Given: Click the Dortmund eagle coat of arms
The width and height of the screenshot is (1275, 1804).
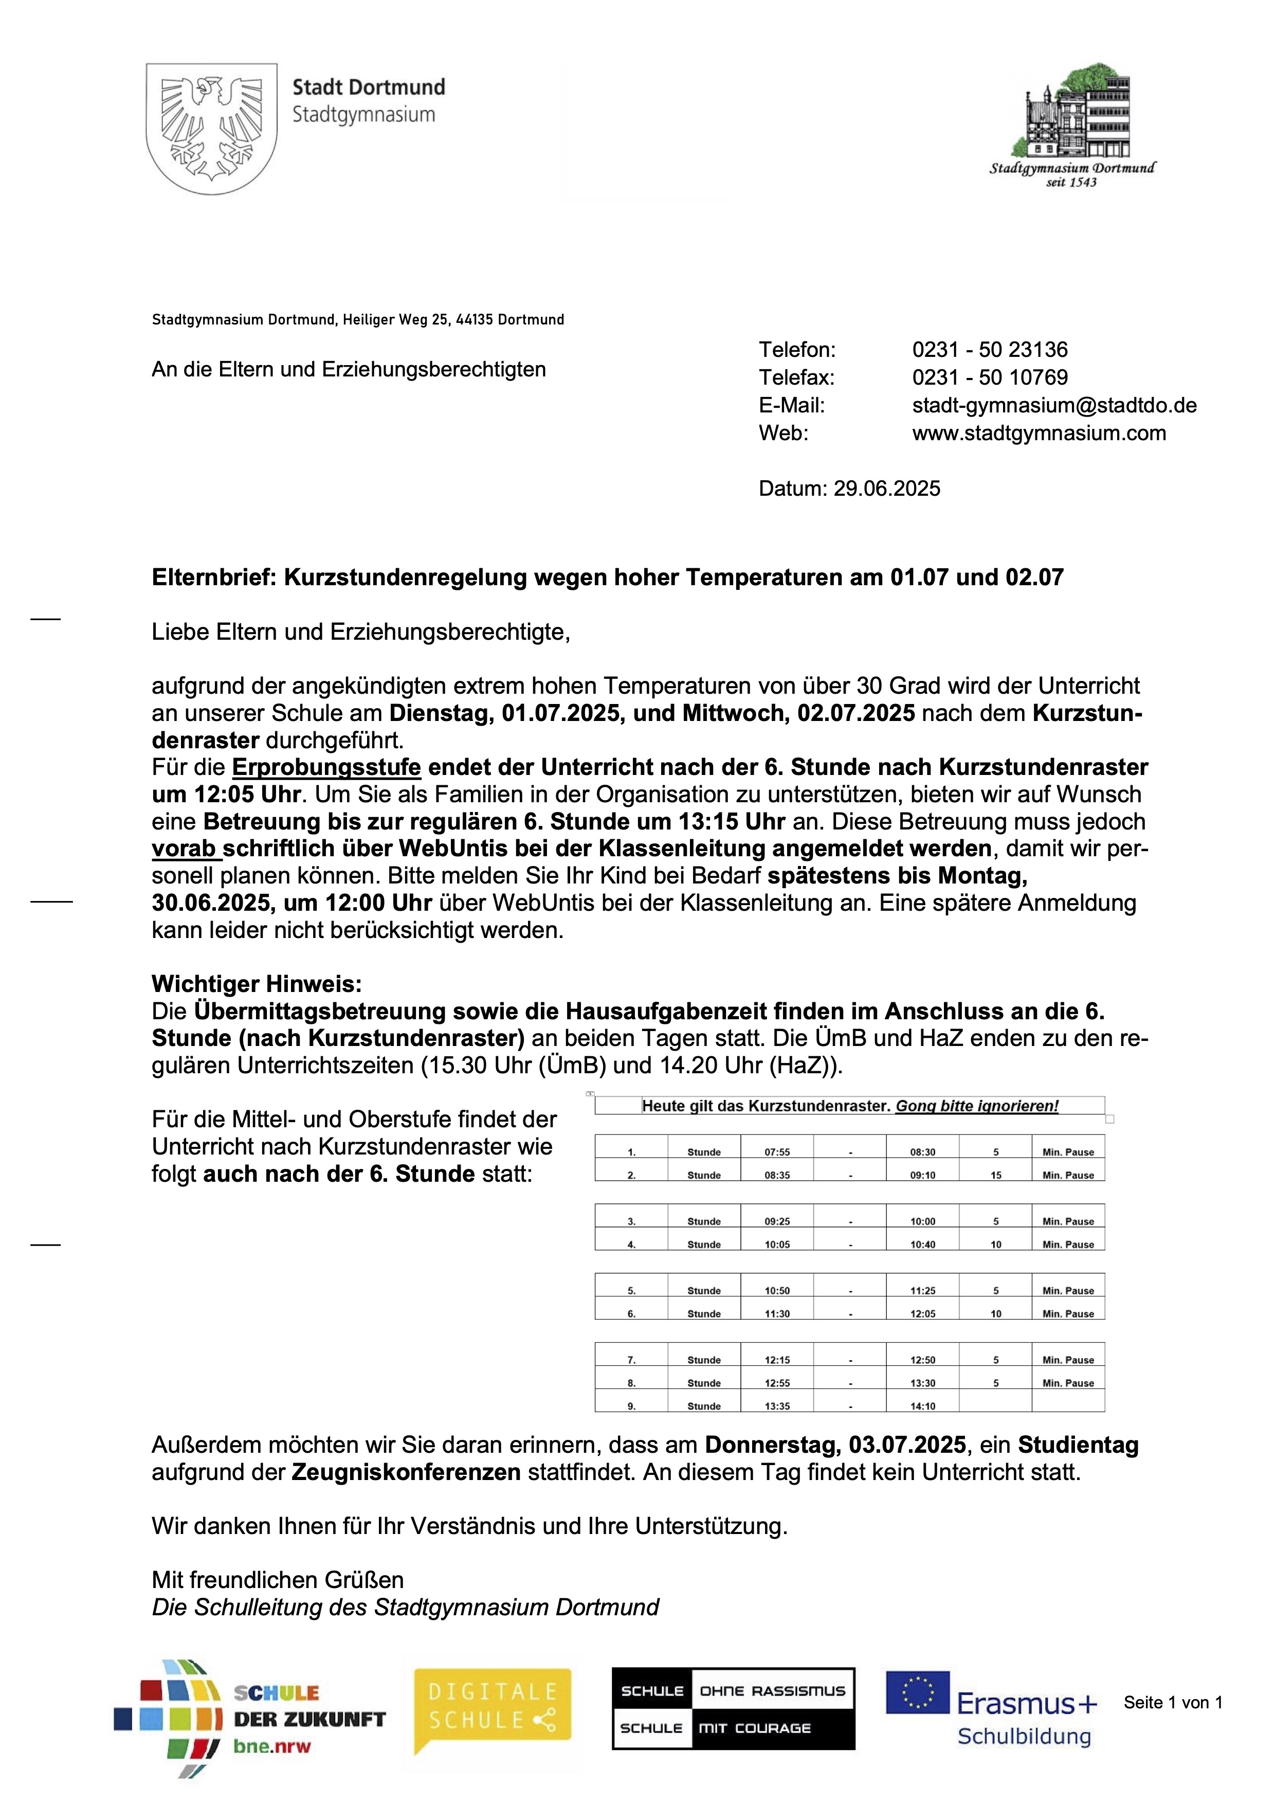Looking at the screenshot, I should [x=211, y=128].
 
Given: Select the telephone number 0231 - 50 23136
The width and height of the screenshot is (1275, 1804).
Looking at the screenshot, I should [x=989, y=350].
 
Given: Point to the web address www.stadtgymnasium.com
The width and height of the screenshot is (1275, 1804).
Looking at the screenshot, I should [x=1039, y=433].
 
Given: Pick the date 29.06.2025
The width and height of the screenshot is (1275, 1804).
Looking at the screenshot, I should [x=886, y=489].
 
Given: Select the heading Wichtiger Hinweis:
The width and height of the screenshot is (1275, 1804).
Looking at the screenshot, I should [x=257, y=984].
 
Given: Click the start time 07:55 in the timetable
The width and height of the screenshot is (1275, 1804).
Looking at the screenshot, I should [x=777, y=1152].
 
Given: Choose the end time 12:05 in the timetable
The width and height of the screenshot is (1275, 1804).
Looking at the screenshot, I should [x=922, y=1314].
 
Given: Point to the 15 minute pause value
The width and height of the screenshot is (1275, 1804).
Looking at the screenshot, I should [x=995, y=1176].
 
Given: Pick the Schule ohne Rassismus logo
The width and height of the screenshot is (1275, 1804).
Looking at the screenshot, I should [x=733, y=1709].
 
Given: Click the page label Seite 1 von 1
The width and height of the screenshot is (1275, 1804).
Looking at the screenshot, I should [x=1172, y=1703].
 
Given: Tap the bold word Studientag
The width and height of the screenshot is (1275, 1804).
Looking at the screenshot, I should [x=1078, y=1445].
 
